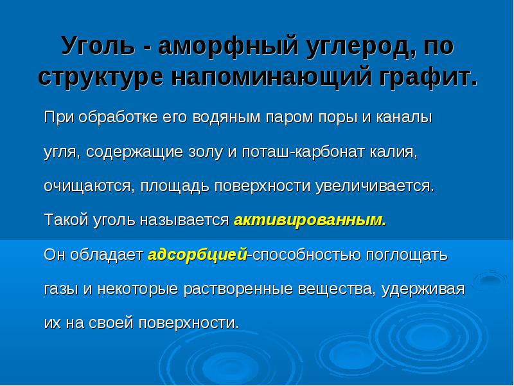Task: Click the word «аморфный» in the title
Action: (x=228, y=46)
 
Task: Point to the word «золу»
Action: (x=206, y=152)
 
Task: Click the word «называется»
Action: (x=184, y=220)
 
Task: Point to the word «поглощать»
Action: (x=407, y=255)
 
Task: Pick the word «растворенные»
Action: (x=238, y=289)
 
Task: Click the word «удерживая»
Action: (x=423, y=289)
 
